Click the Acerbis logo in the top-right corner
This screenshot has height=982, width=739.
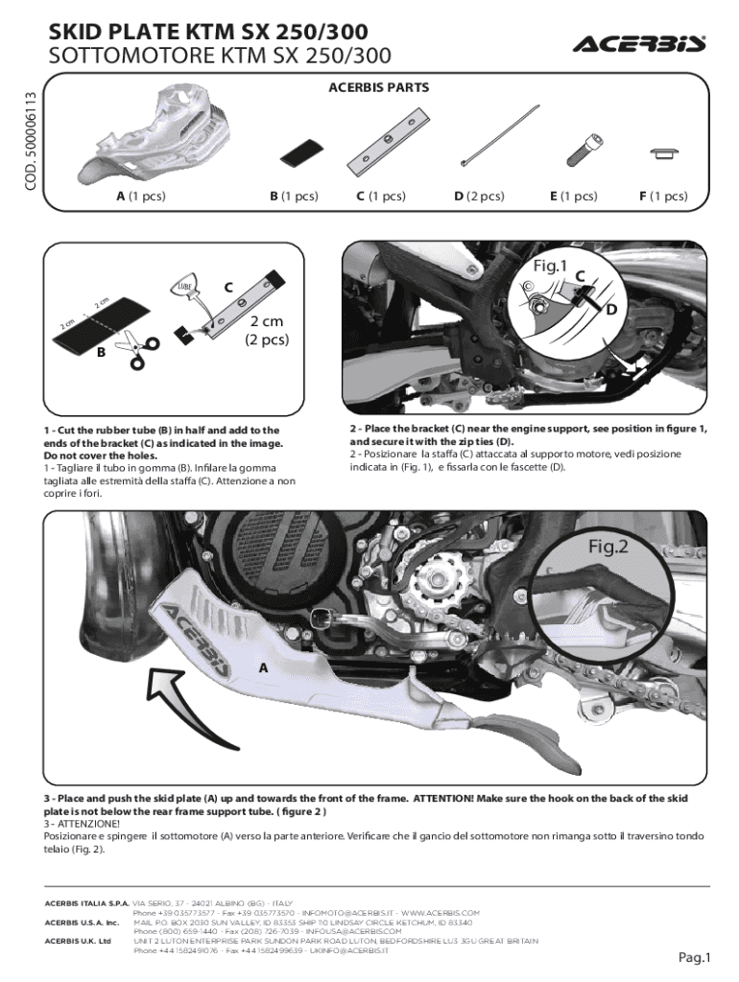click(639, 44)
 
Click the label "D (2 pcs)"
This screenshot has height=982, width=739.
click(479, 197)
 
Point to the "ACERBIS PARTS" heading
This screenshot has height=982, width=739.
click(378, 87)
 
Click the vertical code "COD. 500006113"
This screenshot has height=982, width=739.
click(32, 140)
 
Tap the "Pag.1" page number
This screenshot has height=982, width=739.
click(694, 956)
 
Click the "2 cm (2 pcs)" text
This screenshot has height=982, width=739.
click(267, 330)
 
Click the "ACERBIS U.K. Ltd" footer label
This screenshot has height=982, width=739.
click(78, 941)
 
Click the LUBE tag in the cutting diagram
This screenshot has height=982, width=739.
click(184, 288)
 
